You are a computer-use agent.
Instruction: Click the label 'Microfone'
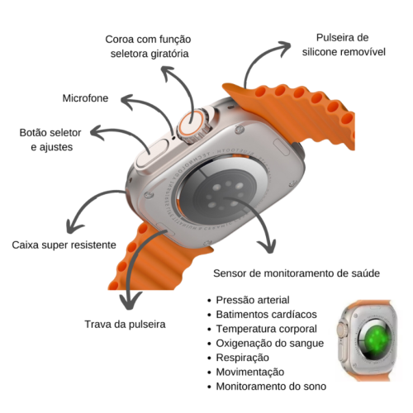pyautogui.click(x=85, y=98)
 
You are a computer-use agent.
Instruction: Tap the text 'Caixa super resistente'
pyautogui.click(x=64, y=244)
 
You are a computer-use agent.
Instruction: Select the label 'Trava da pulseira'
pyautogui.click(x=125, y=325)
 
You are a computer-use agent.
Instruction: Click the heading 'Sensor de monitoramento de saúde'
pyautogui.click(x=297, y=273)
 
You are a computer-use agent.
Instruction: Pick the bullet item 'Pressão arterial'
pyautogui.click(x=253, y=300)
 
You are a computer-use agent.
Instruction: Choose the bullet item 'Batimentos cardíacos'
pyautogui.click(x=266, y=314)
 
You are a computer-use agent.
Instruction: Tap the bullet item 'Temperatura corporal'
pyautogui.click(x=266, y=329)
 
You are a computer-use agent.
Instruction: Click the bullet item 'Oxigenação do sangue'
pyautogui.click(x=270, y=344)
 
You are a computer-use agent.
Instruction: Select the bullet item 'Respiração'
pyautogui.click(x=242, y=358)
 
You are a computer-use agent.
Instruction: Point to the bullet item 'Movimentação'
pyautogui.click(x=250, y=372)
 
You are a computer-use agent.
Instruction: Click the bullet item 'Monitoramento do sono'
pyautogui.click(x=271, y=387)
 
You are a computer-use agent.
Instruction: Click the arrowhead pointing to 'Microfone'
pyautogui.click(x=127, y=102)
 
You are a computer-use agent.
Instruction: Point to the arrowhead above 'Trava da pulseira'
pyautogui.click(x=131, y=301)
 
